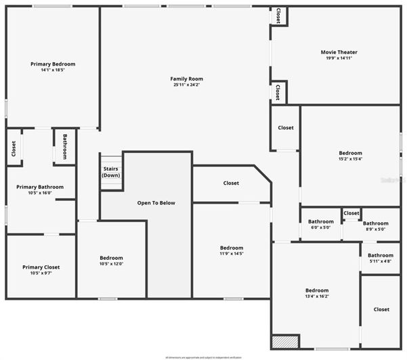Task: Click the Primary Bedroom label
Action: (x=53, y=64)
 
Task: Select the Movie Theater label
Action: (x=339, y=52)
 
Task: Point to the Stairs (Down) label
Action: (x=111, y=172)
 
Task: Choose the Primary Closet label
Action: (x=41, y=267)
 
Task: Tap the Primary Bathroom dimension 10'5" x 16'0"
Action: (x=41, y=194)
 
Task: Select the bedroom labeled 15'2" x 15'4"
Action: (x=350, y=153)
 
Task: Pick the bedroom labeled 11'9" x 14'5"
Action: (x=231, y=248)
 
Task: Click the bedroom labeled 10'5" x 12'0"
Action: (x=111, y=258)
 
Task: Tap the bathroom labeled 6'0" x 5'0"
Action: (x=320, y=221)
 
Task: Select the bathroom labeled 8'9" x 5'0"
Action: (x=375, y=223)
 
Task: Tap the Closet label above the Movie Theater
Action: (x=278, y=16)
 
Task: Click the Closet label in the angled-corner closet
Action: (x=231, y=183)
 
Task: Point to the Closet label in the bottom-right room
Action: (x=381, y=309)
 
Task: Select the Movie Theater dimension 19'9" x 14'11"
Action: (x=339, y=59)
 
